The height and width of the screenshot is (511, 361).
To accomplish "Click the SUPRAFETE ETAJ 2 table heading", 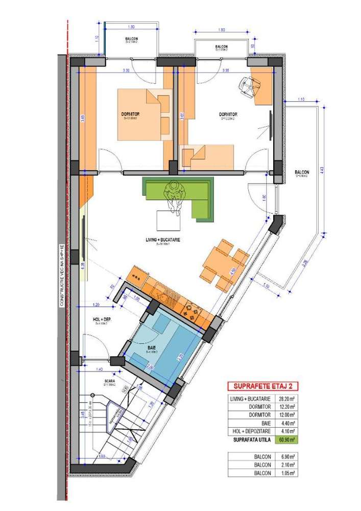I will coord(262,386).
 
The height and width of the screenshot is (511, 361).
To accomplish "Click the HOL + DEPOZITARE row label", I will coord(253,431).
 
